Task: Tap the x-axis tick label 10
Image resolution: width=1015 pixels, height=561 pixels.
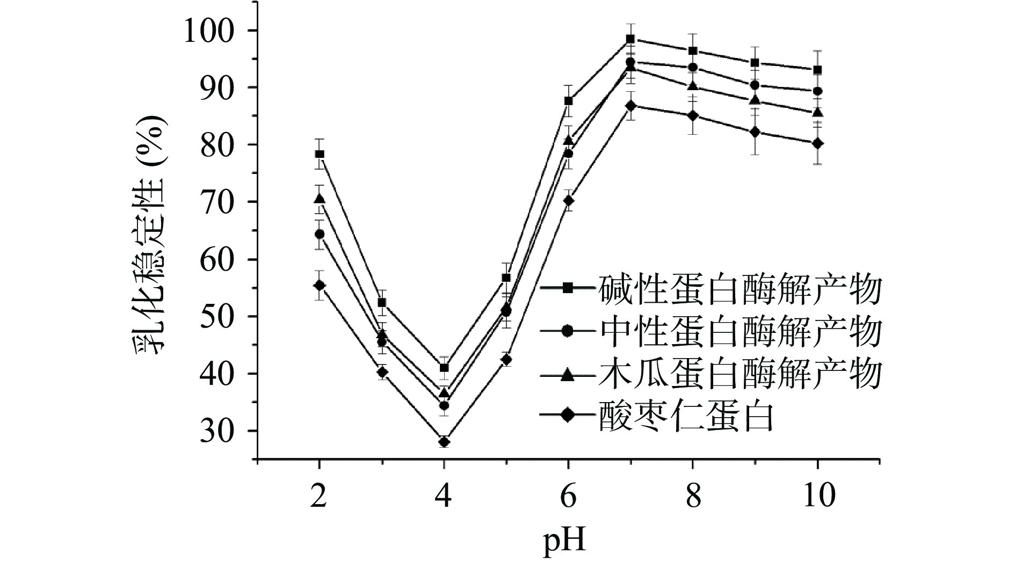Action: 817,496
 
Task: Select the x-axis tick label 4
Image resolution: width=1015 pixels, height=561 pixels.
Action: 444,496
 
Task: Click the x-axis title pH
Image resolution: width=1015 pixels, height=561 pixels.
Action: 564,541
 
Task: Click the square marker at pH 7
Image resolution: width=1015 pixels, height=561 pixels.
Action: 630,39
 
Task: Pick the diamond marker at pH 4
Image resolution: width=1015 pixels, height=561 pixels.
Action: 444,442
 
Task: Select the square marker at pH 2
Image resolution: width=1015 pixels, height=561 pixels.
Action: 320,154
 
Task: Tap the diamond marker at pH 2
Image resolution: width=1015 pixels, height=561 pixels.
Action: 320,285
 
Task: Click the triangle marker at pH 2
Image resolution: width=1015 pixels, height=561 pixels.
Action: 320,199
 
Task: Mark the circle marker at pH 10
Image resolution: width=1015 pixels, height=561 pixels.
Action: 817,91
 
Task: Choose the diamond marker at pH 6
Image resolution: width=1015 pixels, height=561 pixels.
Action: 568,200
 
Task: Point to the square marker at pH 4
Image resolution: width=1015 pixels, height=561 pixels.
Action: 444,368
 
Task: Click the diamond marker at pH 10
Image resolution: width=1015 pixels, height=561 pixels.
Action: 817,143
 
